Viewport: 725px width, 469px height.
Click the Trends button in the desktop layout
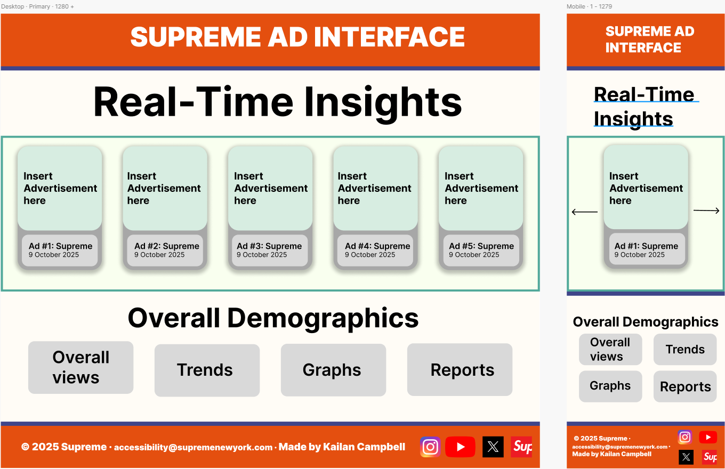pyautogui.click(x=207, y=370)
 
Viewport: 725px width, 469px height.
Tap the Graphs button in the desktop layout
pyautogui.click(x=333, y=370)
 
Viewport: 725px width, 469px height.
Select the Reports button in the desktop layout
pyautogui.click(x=460, y=370)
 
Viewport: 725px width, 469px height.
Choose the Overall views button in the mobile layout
pyautogui.click(x=610, y=349)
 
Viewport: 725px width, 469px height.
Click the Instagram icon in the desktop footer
pyautogui.click(x=430, y=447)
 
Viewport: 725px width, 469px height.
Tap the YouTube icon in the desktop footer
pyautogui.click(x=460, y=447)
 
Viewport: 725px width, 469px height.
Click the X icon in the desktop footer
pyautogui.click(x=493, y=447)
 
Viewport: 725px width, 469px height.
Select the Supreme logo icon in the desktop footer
pyautogui.click(x=521, y=447)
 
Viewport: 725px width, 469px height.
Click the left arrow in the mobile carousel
pyautogui.click(x=584, y=212)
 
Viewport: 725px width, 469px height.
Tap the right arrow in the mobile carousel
pyautogui.click(x=706, y=211)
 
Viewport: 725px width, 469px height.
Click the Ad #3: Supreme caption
pyautogui.click(x=269, y=246)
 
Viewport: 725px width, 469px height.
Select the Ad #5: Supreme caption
pyautogui.click(x=481, y=246)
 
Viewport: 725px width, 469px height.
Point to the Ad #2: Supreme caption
pyautogui.click(x=167, y=246)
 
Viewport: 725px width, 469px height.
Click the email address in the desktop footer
pyautogui.click(x=193, y=447)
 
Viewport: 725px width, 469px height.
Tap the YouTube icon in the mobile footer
pyautogui.click(x=708, y=437)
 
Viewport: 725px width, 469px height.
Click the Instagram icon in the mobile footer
pyautogui.click(x=685, y=437)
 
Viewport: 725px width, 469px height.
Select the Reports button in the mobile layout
pyautogui.click(x=685, y=386)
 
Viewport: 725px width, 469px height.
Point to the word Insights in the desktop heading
pyautogui.click(x=383, y=103)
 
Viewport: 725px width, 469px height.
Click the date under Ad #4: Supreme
pyautogui.click(x=370, y=255)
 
